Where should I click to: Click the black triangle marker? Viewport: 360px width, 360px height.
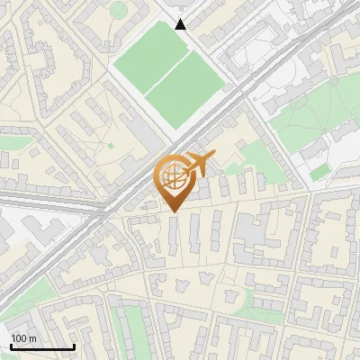181,24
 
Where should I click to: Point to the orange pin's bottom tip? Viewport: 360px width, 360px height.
173,211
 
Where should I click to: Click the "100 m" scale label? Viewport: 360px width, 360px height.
23,337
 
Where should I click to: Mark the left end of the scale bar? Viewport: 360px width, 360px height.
11,346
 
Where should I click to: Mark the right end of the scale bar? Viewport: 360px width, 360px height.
74,346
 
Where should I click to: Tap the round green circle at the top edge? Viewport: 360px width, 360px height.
119,10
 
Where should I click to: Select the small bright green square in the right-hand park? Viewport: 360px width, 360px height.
319,171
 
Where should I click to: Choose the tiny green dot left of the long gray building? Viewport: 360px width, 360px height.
111,144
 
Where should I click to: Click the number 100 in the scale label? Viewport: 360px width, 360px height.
19,337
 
